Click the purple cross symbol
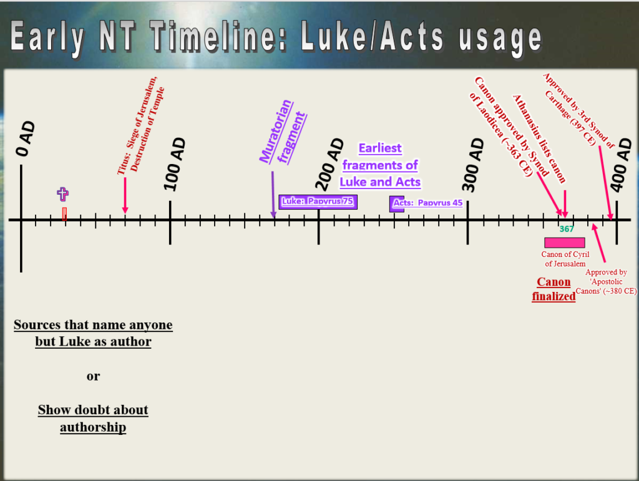pos(62,194)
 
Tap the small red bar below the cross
pos(64,214)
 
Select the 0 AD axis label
pos(25,139)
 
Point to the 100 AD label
pos(175,164)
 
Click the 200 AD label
pos(329,164)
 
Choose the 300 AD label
pos(473,165)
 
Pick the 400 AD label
pos(621,165)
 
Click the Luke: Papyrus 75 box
pos(318,202)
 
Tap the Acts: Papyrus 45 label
pos(427,203)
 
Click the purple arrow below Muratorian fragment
pos(273,195)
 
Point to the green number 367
pos(567,229)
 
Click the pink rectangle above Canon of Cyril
pos(565,243)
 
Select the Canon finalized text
pos(554,289)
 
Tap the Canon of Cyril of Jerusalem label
pos(565,259)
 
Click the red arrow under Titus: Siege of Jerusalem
pos(125,195)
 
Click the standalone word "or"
pos(93,376)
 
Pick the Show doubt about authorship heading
pos(93,418)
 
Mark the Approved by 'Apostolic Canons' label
pos(606,281)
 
